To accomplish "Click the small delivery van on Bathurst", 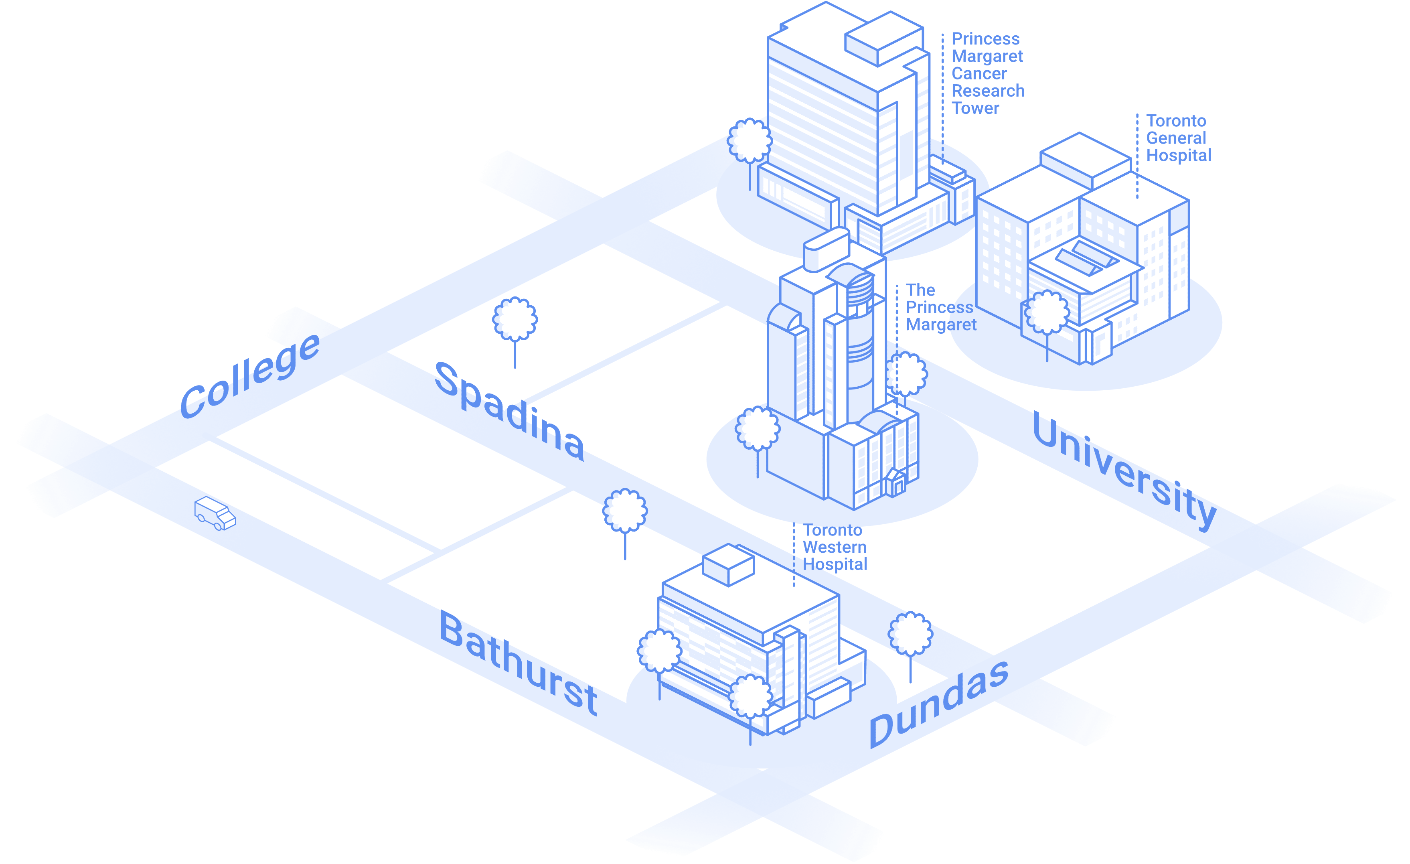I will tap(215, 513).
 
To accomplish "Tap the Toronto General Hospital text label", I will tap(1178, 138).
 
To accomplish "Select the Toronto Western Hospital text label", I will tap(835, 547).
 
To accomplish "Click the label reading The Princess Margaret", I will tap(940, 307).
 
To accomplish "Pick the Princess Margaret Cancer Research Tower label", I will tap(987, 73).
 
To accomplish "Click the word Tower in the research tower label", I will tap(975, 108).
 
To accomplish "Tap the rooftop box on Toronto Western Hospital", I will tap(728, 564).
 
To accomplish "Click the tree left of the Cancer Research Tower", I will tap(750, 141).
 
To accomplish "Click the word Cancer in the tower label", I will tap(979, 74).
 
